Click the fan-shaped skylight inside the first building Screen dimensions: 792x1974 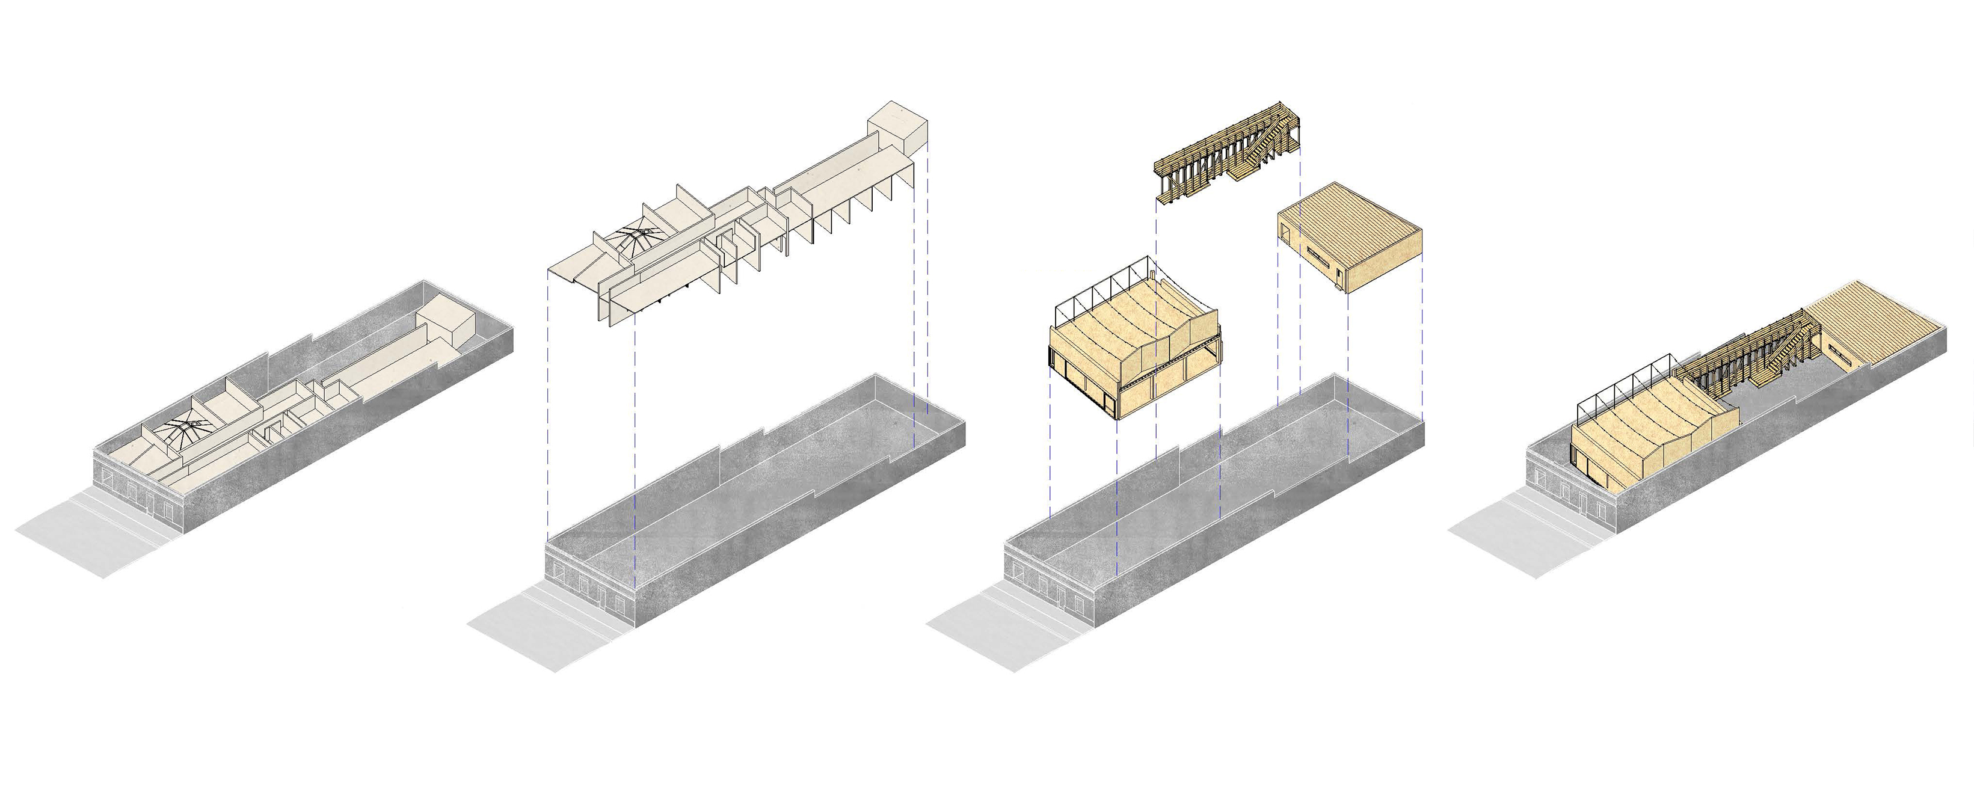[x=182, y=433]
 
